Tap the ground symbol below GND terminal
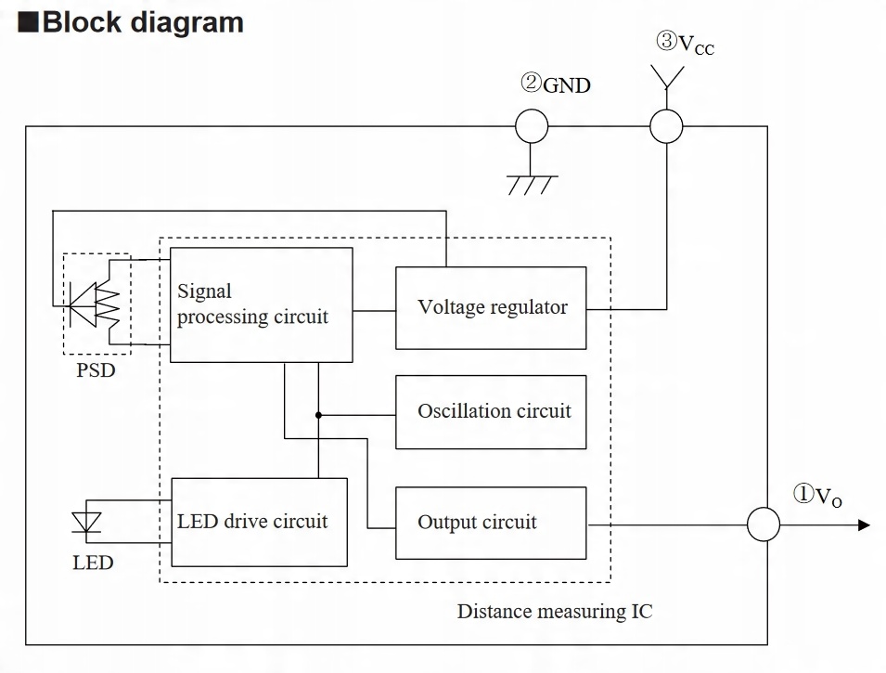[x=532, y=185]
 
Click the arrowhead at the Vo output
[x=864, y=524]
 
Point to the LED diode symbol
[x=86, y=523]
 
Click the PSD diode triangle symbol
[x=83, y=305]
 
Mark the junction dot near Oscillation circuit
[x=318, y=415]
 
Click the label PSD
[x=96, y=370]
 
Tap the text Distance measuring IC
[x=554, y=612]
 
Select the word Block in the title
[x=83, y=22]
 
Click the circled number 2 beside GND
[x=531, y=83]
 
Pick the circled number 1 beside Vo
[x=803, y=493]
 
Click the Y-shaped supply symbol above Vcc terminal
[x=667, y=79]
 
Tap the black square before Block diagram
[x=28, y=22]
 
